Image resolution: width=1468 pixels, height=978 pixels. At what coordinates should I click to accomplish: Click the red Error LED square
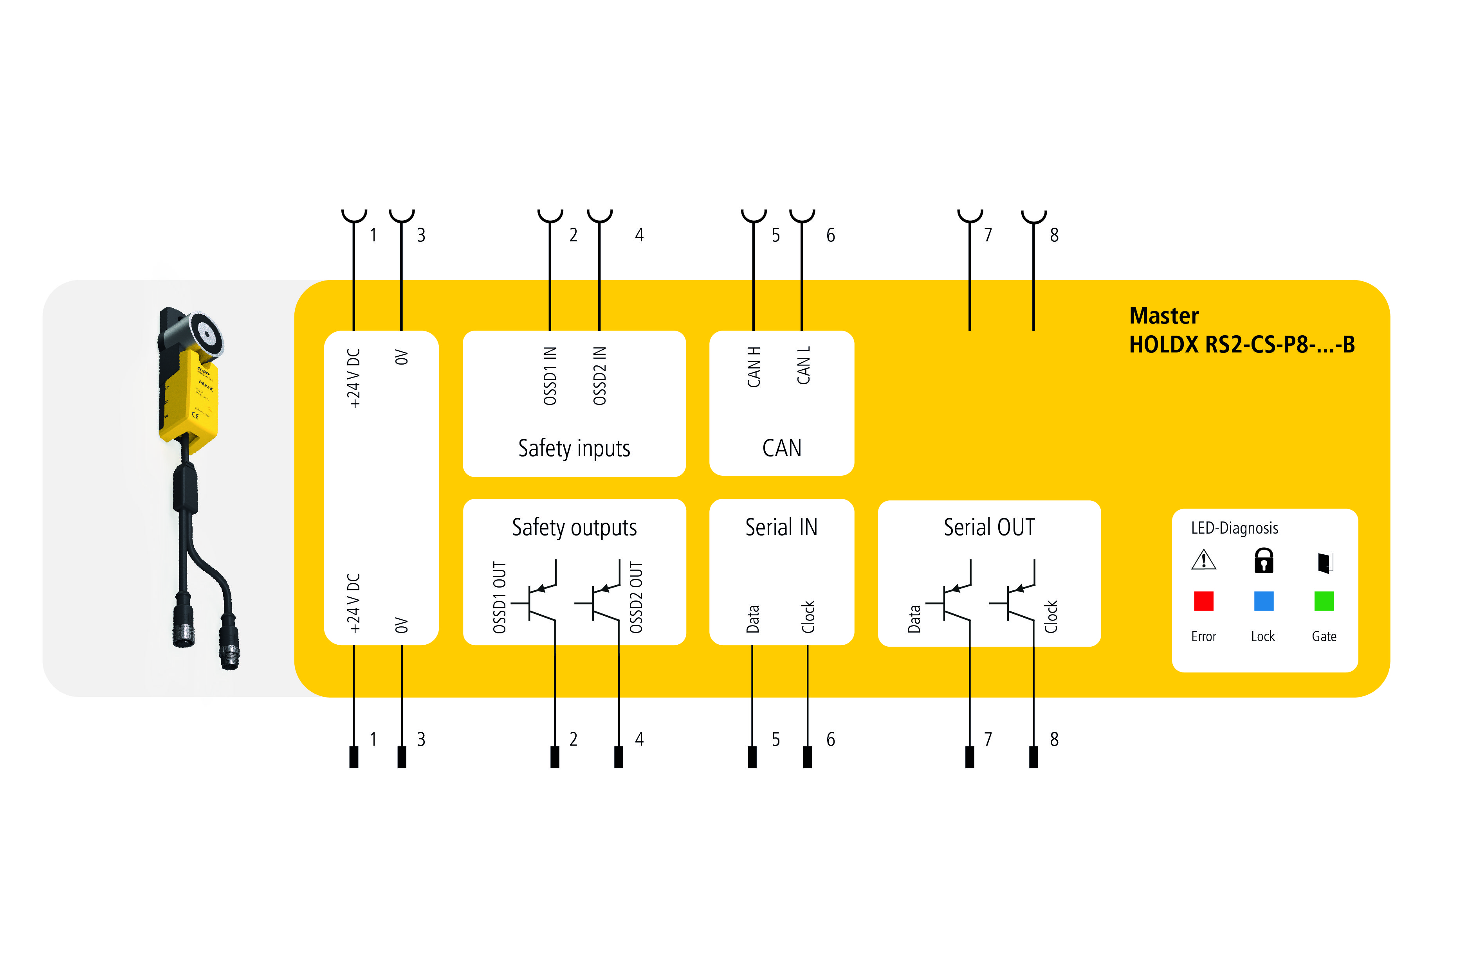[1203, 601]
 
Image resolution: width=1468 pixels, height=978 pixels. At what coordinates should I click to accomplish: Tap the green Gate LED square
[1324, 601]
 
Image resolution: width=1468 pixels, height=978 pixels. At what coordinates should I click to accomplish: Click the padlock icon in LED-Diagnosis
[1264, 560]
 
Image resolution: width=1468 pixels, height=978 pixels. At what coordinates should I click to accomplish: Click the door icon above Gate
[1324, 562]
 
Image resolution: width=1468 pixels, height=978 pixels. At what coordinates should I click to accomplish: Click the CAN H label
[754, 367]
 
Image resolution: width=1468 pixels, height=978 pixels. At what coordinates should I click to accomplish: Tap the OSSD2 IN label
[599, 376]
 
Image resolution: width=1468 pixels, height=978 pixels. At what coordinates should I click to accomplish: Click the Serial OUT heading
[989, 527]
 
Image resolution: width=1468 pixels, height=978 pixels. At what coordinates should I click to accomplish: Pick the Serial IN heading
[781, 527]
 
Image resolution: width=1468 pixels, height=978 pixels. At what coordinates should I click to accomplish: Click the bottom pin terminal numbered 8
[1033, 757]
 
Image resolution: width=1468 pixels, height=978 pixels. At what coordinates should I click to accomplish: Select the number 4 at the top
[639, 235]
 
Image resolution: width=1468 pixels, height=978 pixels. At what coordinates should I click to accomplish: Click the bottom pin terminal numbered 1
[354, 757]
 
